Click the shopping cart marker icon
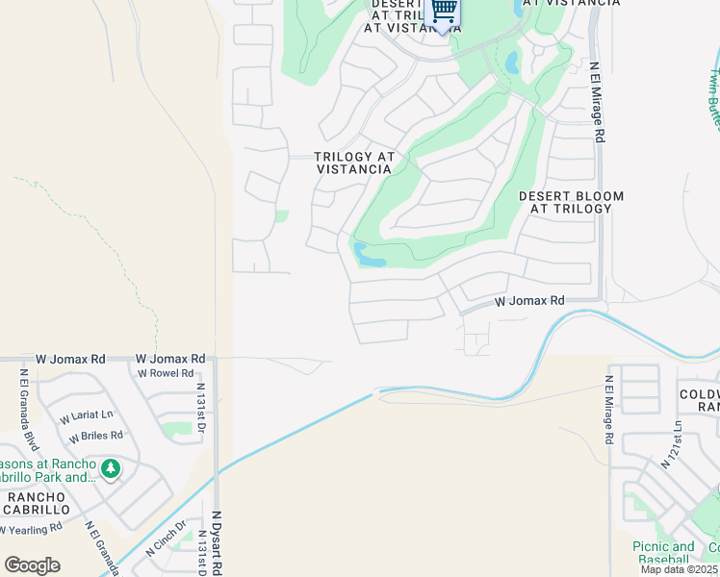click(x=443, y=11)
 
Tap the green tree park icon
click(x=111, y=468)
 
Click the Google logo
click(x=32, y=565)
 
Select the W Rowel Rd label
click(x=166, y=374)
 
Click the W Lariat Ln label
click(x=86, y=418)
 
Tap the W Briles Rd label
click(x=96, y=435)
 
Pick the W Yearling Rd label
click(x=30, y=528)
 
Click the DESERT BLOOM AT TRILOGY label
click(x=571, y=202)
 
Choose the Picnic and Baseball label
click(x=663, y=553)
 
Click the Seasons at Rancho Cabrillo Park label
click(x=48, y=471)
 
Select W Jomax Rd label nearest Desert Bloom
click(x=529, y=301)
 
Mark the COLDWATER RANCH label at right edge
click(x=701, y=400)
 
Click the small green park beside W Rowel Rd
click(x=176, y=428)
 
